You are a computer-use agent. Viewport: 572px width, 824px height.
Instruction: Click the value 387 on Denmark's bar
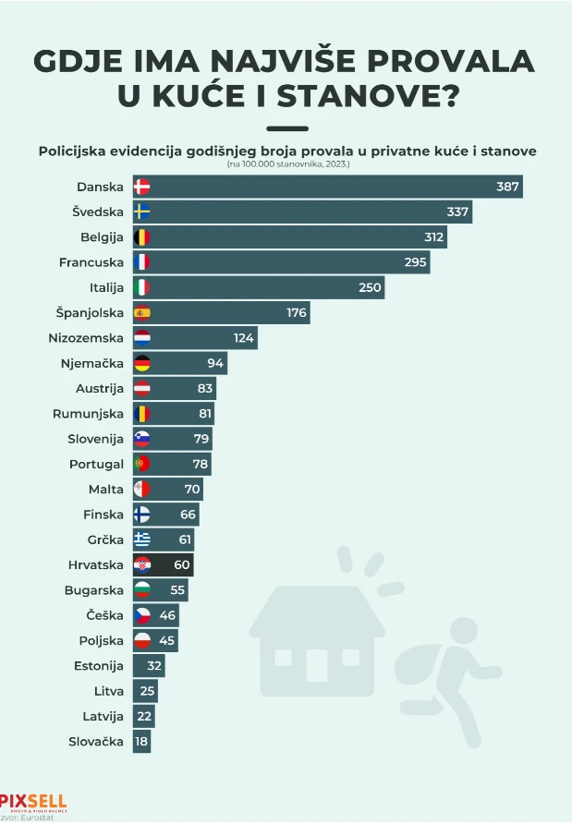point(507,187)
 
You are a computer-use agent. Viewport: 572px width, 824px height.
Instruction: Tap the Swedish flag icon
point(142,212)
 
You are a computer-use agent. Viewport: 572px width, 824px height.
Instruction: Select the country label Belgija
point(102,237)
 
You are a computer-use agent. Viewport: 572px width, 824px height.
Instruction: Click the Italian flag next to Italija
point(142,287)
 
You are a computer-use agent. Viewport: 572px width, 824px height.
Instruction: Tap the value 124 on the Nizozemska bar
point(243,338)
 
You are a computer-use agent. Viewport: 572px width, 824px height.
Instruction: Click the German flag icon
point(142,363)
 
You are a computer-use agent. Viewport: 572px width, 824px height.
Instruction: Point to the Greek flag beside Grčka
point(142,539)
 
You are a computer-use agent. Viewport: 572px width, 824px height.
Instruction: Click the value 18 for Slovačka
point(140,741)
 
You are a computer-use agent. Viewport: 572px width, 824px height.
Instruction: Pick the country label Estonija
point(98,665)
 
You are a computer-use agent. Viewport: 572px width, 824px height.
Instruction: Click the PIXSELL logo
point(33,801)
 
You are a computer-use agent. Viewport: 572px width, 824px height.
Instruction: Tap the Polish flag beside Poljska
point(142,640)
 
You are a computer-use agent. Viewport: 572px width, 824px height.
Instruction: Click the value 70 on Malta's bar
point(191,489)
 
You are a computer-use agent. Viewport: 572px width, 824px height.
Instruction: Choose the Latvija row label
point(100,716)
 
